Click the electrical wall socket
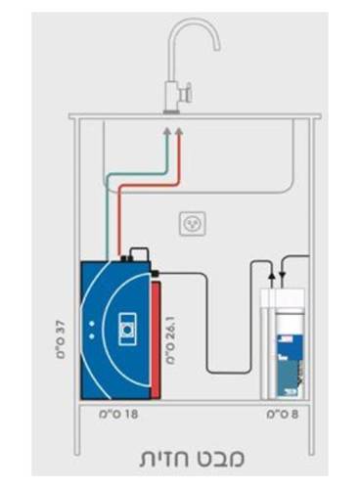pyautogui.click(x=193, y=224)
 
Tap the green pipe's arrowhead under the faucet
pyautogui.click(x=167, y=130)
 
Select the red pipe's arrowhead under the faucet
pyautogui.click(x=179, y=130)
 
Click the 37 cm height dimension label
pyautogui.click(x=61, y=339)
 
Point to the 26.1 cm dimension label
pyautogui.click(x=171, y=339)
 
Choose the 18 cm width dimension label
pyautogui.click(x=118, y=415)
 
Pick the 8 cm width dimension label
pyautogui.click(x=283, y=415)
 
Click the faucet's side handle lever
pyautogui.click(x=186, y=92)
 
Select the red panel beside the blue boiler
pyautogui.click(x=156, y=340)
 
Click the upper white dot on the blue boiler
pyautogui.click(x=92, y=324)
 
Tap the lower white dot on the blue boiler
pyautogui.click(x=92, y=335)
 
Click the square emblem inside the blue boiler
pyautogui.click(x=127, y=330)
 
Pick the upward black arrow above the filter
pyautogui.click(x=271, y=276)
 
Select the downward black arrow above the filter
pyautogui.click(x=283, y=276)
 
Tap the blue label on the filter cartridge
pyautogui.click(x=289, y=365)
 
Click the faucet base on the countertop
pyautogui.click(x=171, y=112)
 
